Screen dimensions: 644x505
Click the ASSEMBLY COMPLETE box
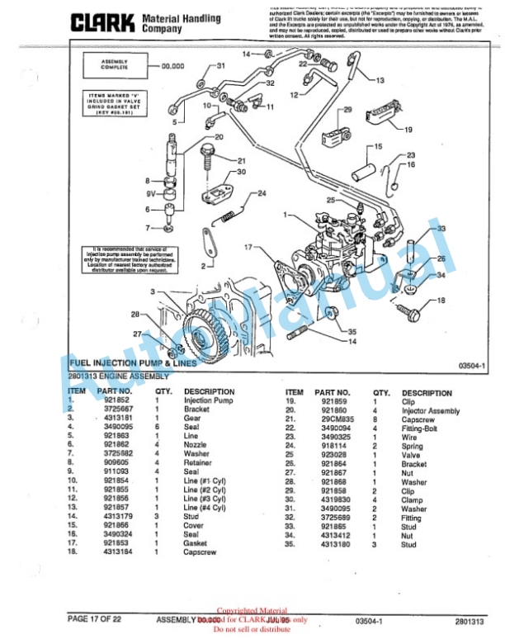tap(114, 64)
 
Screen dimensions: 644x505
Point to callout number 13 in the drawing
tap(380, 80)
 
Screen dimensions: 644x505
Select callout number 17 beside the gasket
tap(248, 247)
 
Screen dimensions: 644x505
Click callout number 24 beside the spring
tap(262, 194)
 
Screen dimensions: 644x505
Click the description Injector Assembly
tap(431, 410)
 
